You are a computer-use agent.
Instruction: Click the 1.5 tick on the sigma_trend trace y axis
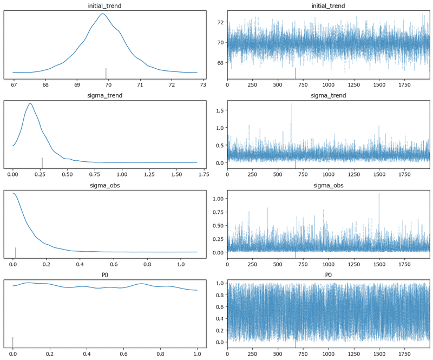219,110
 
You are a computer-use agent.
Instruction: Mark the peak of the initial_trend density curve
102,14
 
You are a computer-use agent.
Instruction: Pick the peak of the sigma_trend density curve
30,103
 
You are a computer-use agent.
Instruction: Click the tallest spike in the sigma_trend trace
292,104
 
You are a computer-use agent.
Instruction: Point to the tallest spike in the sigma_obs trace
379,193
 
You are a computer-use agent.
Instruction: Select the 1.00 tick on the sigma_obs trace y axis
218,199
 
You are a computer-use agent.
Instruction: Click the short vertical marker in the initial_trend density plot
106,73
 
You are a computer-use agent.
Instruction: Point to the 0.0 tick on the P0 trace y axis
219,342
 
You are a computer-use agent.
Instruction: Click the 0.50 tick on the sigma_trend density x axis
67,174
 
